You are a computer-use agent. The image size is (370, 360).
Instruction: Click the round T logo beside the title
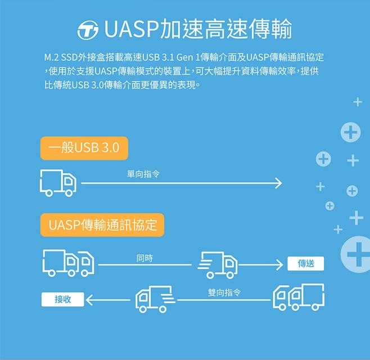click(x=88, y=30)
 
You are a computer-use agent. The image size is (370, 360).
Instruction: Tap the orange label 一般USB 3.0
click(x=84, y=148)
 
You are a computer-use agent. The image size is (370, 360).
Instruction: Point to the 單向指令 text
click(x=143, y=174)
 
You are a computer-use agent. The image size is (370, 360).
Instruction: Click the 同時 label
click(x=145, y=258)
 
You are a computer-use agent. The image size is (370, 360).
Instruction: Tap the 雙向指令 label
click(x=224, y=292)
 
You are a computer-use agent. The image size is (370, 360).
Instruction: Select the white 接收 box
click(x=62, y=299)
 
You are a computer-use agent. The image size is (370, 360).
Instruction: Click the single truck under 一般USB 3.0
click(x=58, y=182)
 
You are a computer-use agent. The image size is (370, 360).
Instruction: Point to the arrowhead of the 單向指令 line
click(x=277, y=183)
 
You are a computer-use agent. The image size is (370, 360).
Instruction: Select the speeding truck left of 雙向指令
click(x=155, y=299)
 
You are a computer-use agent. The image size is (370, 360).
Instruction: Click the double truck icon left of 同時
click(x=68, y=263)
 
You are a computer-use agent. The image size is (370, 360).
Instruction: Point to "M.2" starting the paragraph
click(x=51, y=57)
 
